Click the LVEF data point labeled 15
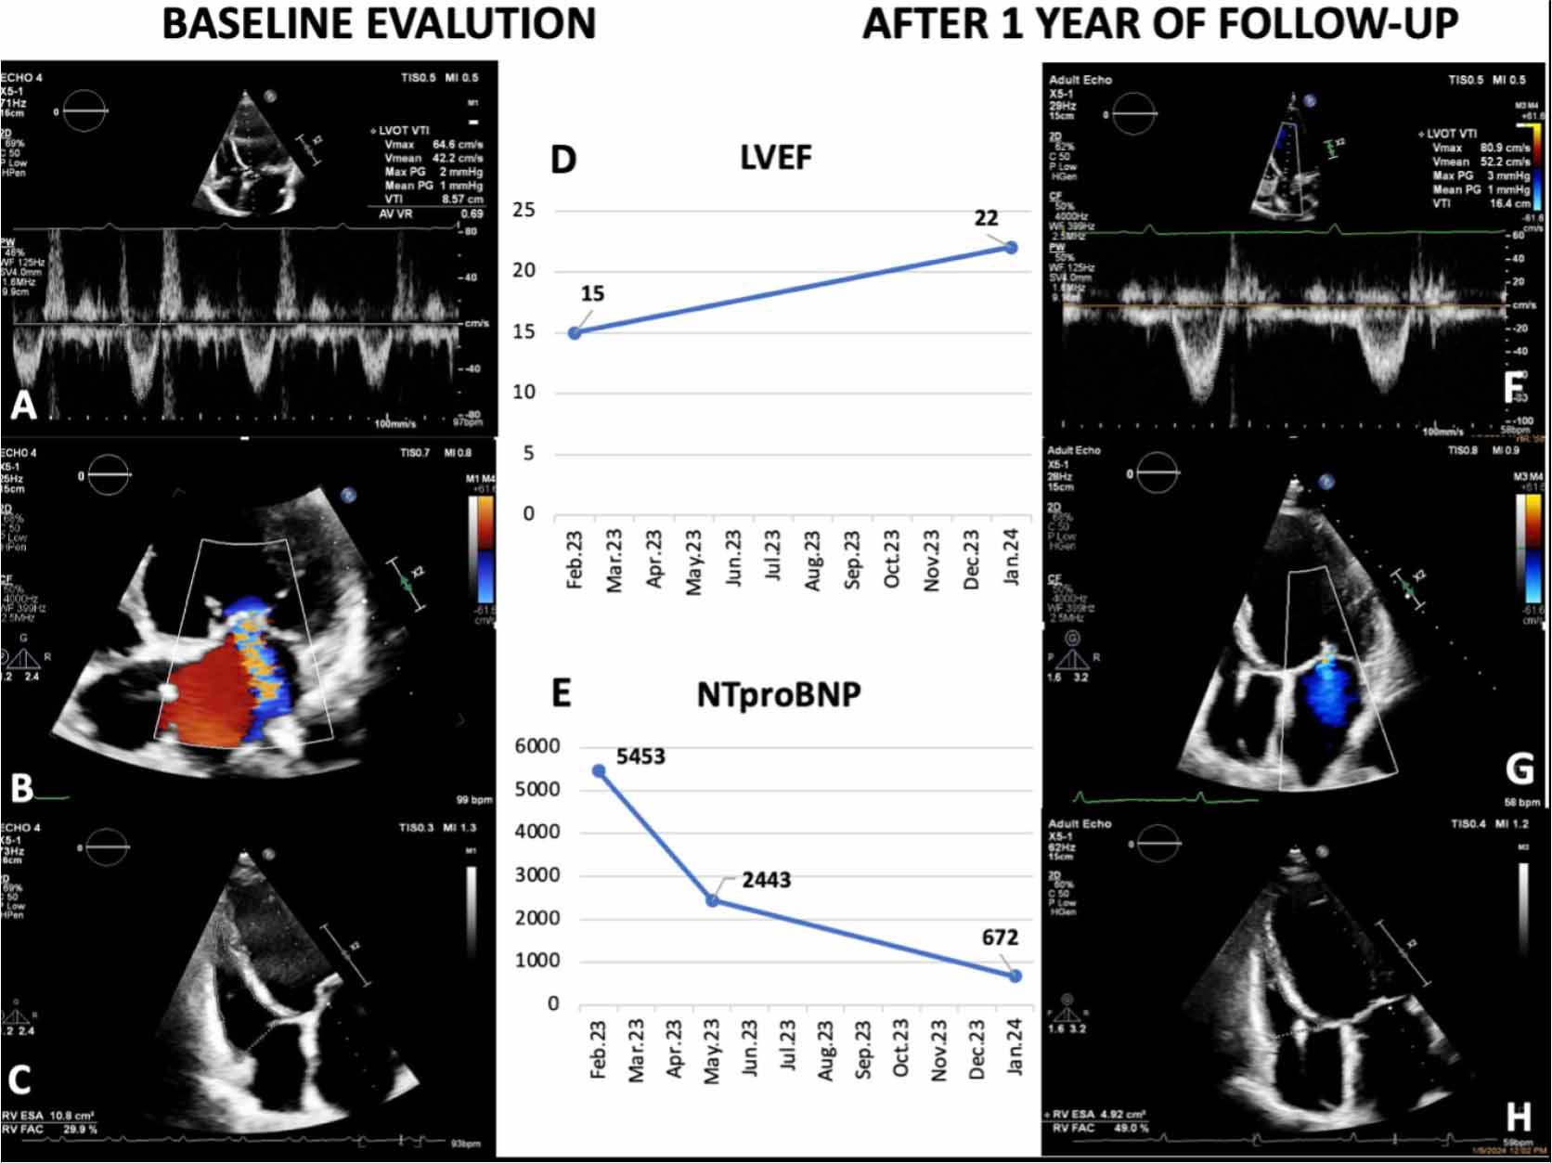click(575, 332)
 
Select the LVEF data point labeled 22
click(1011, 248)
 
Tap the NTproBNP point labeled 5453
click(599, 771)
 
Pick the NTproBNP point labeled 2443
click(712, 900)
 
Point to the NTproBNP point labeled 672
click(1015, 976)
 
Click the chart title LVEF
click(776, 158)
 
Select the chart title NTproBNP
click(778, 695)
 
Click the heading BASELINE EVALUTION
click(379, 23)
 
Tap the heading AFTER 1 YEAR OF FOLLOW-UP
click(1160, 23)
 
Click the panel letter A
click(22, 405)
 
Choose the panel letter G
click(1520, 769)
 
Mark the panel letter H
click(1519, 1117)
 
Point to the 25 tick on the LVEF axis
click(524, 210)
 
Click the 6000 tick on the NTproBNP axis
click(537, 746)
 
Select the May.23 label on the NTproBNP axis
click(712, 1051)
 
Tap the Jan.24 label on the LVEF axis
click(1012, 557)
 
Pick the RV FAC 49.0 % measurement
click(1100, 1128)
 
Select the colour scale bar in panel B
click(484, 549)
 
